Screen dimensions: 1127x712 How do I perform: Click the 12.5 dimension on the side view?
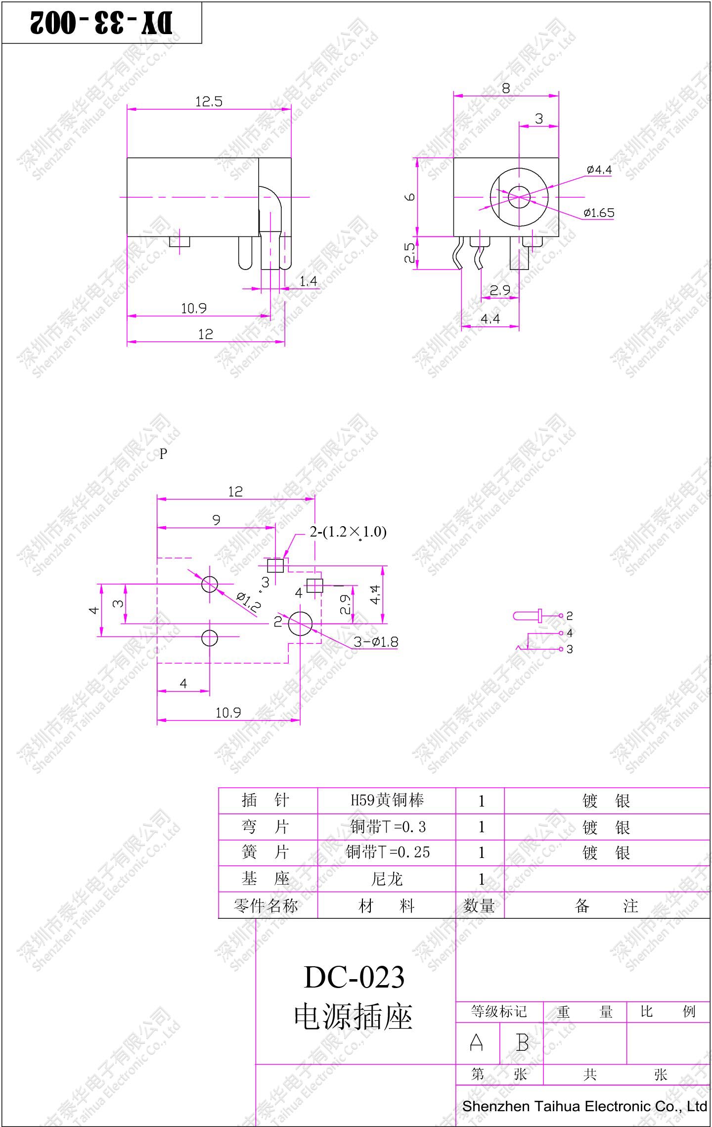click(x=209, y=102)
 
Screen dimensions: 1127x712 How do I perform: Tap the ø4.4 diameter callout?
click(x=599, y=170)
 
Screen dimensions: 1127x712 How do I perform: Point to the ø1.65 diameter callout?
click(x=599, y=213)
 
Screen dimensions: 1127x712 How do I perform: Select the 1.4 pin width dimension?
click(x=308, y=281)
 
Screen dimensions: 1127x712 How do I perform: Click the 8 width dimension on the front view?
click(x=506, y=89)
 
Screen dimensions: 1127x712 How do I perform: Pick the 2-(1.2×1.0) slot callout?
click(x=348, y=532)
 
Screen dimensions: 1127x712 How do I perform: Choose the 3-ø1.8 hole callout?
click(x=376, y=642)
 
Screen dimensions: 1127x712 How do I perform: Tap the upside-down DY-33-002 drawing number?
click(x=101, y=23)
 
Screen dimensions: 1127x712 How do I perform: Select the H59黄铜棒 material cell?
click(x=387, y=800)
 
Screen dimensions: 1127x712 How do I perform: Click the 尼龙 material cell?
click(x=387, y=879)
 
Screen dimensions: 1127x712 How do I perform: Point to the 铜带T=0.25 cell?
click(x=388, y=852)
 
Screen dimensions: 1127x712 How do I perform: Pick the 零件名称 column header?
click(x=266, y=905)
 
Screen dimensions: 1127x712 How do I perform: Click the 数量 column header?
click(x=479, y=905)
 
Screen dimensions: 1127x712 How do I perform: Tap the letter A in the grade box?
click(x=476, y=1043)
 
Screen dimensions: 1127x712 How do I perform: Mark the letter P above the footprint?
click(x=163, y=454)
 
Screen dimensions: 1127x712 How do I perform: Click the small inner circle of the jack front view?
click(x=519, y=197)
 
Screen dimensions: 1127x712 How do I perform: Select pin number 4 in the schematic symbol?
click(x=570, y=633)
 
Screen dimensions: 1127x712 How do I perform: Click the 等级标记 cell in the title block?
click(x=498, y=1011)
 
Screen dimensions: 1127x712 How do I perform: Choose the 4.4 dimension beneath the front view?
click(x=490, y=319)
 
